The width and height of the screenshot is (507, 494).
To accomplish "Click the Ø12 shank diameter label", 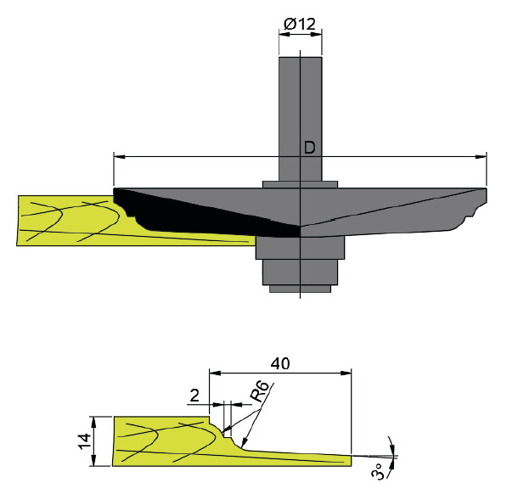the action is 300,24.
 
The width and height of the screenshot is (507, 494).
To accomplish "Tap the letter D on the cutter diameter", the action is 309,148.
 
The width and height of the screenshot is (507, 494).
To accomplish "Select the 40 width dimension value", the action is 280,364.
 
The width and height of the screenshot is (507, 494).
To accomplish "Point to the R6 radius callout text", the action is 259,391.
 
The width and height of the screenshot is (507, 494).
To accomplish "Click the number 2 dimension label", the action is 194,396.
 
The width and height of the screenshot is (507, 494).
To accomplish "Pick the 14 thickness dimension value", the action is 85,441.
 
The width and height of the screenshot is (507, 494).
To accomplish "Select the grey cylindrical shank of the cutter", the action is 301,119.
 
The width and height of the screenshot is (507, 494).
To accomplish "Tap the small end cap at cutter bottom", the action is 300,289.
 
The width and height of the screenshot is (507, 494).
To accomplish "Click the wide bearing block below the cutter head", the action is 300,248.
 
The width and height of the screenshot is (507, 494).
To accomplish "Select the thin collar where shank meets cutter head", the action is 300,184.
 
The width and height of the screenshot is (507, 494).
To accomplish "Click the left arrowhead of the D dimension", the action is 119,157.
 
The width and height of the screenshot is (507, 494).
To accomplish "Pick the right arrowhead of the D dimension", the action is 482,157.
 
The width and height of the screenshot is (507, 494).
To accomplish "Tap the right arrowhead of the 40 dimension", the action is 346,373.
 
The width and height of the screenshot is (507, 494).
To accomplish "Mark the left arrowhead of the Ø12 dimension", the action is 284,34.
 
